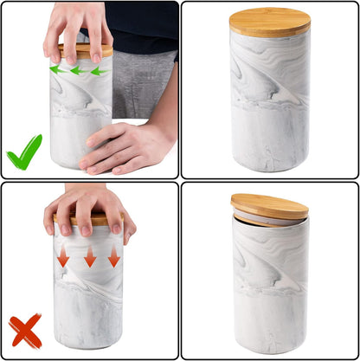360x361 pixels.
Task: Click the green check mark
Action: pos(24,152)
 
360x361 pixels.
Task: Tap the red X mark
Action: pos(25,331)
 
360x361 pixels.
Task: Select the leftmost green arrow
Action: pos(55,68)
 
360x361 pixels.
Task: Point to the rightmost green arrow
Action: pos(99,70)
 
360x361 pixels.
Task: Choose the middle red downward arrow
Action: pos(89,257)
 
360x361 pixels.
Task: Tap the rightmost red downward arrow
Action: pos(113,256)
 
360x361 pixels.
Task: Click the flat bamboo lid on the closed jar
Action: pos(269,23)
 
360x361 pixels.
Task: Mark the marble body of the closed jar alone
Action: pos(269,100)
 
